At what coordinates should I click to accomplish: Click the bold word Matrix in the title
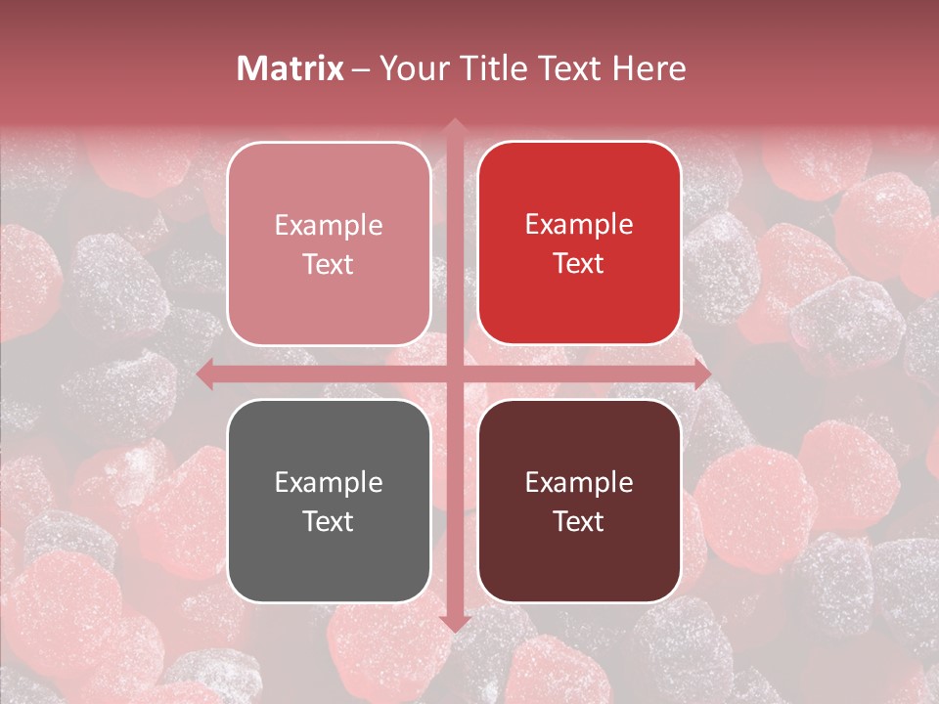[291, 68]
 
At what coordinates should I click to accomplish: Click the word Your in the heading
[409, 68]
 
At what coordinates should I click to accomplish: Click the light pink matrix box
[329, 243]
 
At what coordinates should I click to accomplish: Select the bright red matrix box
[579, 243]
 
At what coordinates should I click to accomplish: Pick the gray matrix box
[329, 501]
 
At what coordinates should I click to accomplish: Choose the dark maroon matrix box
[579, 501]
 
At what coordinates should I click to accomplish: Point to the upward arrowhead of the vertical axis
[454, 125]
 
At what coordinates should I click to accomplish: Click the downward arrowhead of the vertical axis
[454, 623]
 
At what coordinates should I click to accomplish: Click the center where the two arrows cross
[454, 374]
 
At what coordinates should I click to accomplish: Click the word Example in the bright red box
[579, 225]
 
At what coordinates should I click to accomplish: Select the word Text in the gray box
[329, 521]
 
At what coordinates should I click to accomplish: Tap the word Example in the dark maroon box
[579, 482]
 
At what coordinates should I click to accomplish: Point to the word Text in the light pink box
[329, 264]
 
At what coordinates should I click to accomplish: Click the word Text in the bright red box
[579, 264]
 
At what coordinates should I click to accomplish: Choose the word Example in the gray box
[329, 482]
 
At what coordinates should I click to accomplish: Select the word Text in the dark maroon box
[579, 521]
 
